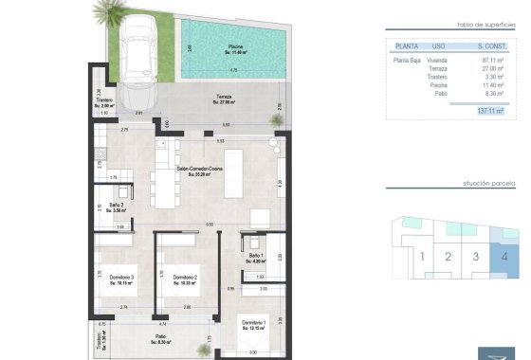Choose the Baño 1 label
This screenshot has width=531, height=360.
click(255, 257)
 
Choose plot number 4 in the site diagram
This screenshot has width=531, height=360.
click(504, 256)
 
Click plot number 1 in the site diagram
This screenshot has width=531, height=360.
click(420, 256)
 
